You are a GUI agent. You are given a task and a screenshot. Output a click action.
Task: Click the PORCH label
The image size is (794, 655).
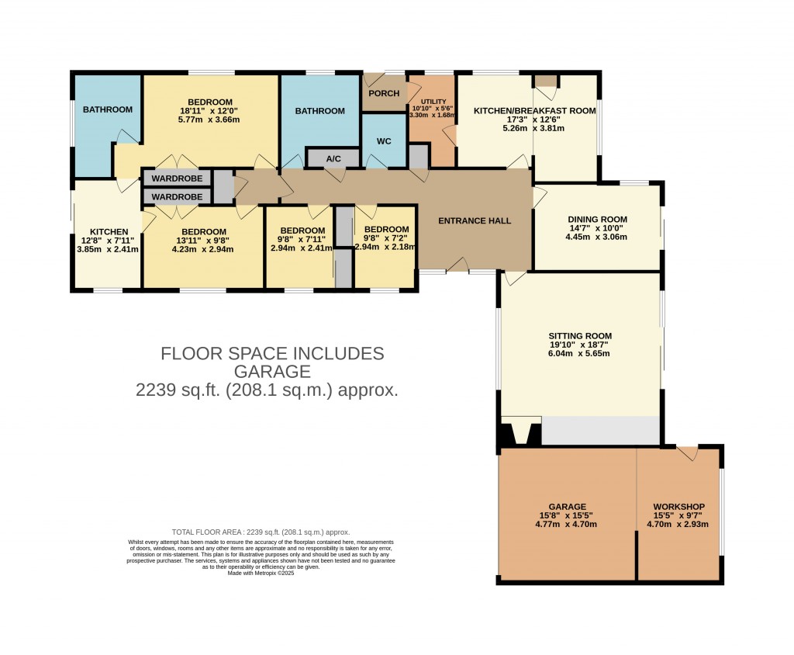pos(384,93)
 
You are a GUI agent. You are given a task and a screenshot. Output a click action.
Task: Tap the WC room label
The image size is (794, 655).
pos(385,142)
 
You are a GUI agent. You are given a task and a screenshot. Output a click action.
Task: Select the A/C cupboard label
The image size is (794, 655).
pos(333,159)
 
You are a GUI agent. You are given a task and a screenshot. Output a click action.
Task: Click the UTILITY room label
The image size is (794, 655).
pos(434,102)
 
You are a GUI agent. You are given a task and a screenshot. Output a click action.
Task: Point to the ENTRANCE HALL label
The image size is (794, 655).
pos(475,221)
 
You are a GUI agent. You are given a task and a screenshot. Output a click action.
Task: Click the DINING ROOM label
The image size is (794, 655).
pos(597,220)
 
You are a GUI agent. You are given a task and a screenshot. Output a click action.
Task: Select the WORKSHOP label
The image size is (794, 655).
pos(678,507)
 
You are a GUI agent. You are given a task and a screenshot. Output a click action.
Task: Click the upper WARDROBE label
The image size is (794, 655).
pos(177,178)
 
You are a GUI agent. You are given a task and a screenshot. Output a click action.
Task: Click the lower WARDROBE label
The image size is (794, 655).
pos(177,197)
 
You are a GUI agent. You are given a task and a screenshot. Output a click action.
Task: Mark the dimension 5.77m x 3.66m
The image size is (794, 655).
pos(209,120)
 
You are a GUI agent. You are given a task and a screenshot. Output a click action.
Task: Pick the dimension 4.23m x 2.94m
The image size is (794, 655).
pos(203,249)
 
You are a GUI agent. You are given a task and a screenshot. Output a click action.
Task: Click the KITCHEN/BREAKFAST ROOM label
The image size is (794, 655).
pos(534,111)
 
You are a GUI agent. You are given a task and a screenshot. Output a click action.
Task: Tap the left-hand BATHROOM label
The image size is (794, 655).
pos(108,110)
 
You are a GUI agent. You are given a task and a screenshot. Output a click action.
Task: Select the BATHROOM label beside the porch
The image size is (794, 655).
pos(319,111)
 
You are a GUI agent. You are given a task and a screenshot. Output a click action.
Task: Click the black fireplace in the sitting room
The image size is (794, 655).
pos(522,431)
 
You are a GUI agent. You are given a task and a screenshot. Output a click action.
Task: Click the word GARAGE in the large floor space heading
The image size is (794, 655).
pos(272,372)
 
